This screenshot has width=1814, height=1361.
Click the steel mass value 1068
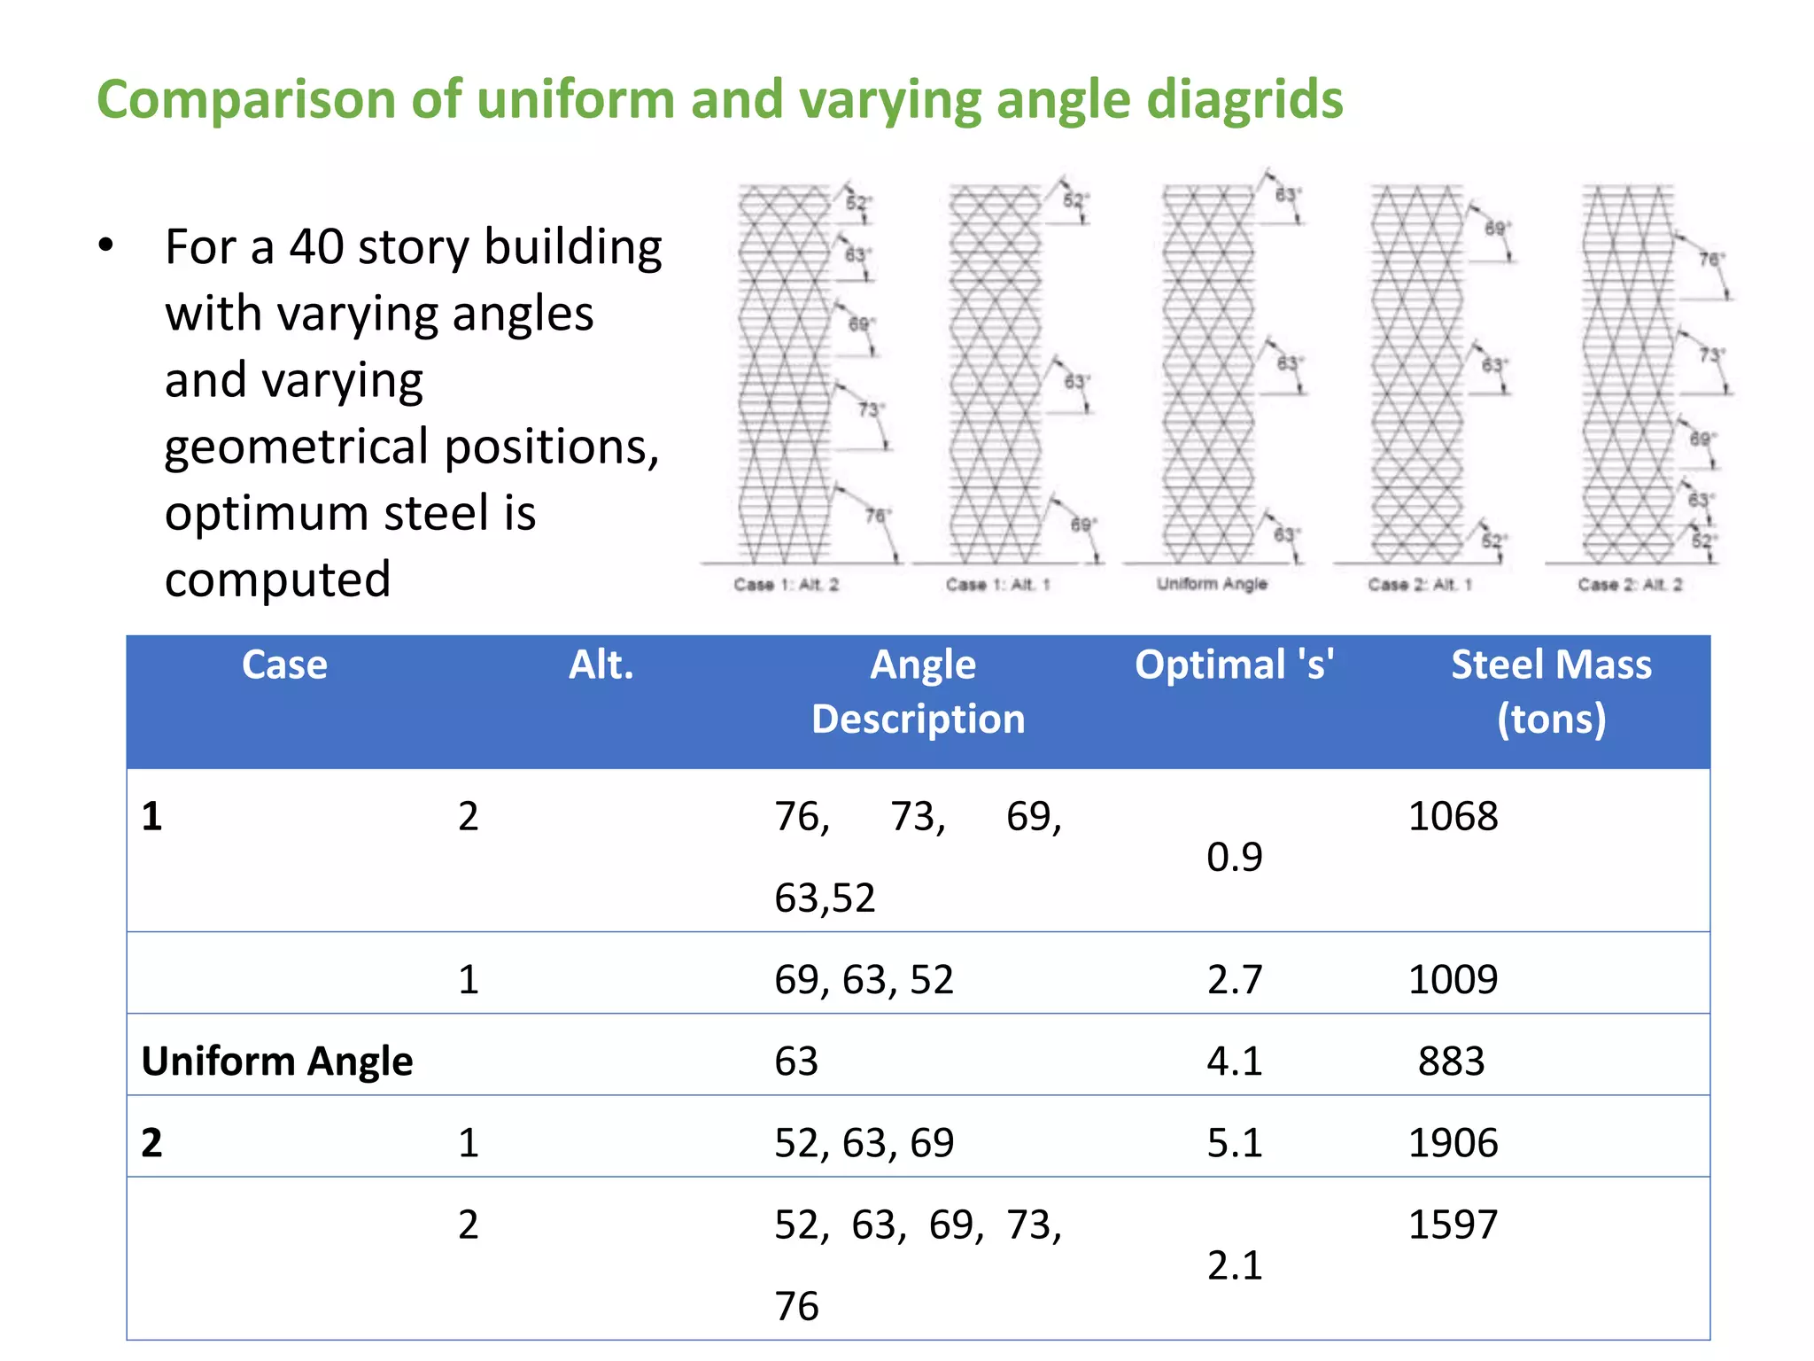1453,816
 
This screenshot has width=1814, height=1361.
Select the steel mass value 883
1451,1061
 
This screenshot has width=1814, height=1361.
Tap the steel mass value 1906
1453,1142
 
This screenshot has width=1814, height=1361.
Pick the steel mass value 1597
1453,1225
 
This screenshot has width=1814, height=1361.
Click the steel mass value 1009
1453,979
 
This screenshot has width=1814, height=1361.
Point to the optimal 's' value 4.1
1234,1061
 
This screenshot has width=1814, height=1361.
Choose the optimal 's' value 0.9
1234,857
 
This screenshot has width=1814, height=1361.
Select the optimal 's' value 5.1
1234,1142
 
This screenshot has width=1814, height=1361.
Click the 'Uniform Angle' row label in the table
277,1061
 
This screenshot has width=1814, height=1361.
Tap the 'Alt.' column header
601,665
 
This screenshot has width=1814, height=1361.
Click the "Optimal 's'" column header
1234,665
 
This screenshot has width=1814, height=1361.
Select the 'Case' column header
284,665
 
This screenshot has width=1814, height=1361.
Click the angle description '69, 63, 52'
864,979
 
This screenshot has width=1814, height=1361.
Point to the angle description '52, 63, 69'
864,1142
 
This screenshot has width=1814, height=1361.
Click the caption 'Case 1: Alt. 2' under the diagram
786,585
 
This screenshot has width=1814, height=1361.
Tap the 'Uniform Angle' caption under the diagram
1212,584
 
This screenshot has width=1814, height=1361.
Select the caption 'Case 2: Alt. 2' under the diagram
1630,585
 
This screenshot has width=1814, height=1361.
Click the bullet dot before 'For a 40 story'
106,245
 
